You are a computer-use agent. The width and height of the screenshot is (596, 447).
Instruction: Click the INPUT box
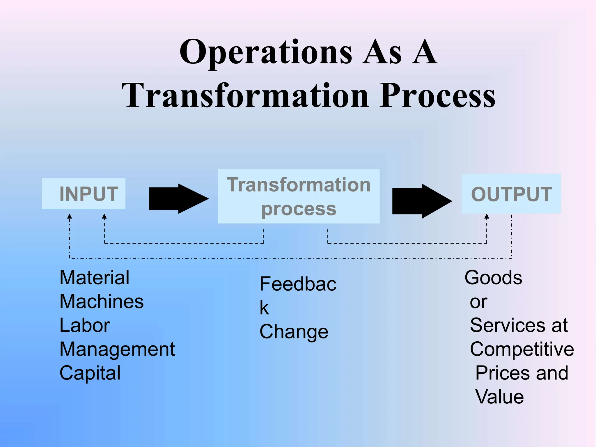coord(84,194)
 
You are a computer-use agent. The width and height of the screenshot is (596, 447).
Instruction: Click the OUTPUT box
coord(511,194)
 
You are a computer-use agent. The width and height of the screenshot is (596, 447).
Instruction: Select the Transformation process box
coord(299,196)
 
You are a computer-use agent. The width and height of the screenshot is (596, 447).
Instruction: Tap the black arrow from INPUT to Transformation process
coord(178,199)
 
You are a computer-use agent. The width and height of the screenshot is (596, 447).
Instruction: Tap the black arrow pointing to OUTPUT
coord(422,201)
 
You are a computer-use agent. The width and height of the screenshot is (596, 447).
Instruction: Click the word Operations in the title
coord(265,52)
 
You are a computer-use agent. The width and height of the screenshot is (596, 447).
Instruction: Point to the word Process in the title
coord(437,95)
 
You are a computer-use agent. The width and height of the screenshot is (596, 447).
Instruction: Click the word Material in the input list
coord(94,278)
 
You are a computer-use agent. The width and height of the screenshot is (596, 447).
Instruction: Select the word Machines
coord(102,301)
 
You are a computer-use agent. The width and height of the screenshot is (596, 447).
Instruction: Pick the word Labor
coord(85,325)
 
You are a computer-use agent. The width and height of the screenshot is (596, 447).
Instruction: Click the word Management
coord(117,349)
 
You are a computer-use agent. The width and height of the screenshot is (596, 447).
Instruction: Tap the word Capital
coord(90,373)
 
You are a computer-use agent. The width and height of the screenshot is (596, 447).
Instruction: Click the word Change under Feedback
coord(294,332)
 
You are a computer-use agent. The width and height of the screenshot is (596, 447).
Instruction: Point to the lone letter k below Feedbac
coord(264,308)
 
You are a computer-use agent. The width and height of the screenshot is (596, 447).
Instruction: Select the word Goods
coord(493,278)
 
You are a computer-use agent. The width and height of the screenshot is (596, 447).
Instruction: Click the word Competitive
coord(522,349)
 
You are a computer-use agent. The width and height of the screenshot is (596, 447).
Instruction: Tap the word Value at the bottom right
coord(499,397)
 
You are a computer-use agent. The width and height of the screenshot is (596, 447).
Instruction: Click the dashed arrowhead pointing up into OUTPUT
coord(487,217)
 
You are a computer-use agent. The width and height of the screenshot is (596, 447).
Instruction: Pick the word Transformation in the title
coord(245,95)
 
